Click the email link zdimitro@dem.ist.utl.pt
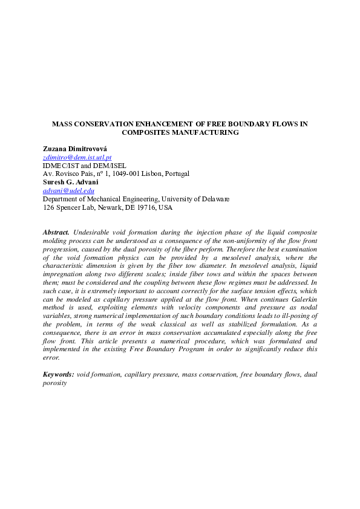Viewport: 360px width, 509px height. click(x=77, y=157)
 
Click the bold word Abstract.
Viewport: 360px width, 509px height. click(x=56, y=232)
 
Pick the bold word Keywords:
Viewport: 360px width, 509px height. click(x=59, y=374)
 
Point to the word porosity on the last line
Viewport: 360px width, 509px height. click(x=54, y=383)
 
